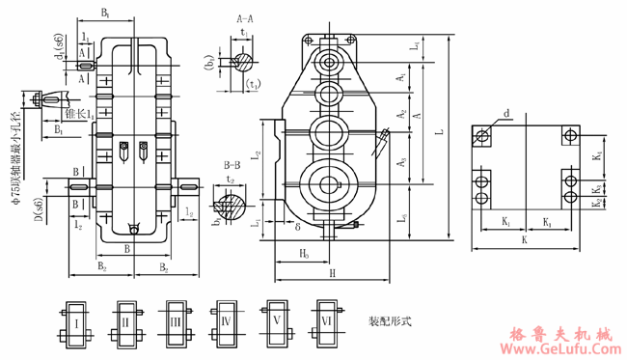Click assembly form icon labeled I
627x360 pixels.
tap(76, 320)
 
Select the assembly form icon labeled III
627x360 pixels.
tap(175, 320)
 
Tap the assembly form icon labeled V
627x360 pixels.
tap(277, 320)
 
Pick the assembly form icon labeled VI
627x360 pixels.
tap(325, 320)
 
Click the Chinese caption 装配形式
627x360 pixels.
tap(390, 321)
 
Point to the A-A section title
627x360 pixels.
tap(245, 18)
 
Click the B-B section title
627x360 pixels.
tap(232, 164)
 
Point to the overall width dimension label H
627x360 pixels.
tap(332, 274)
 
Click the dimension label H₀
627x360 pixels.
tap(303, 254)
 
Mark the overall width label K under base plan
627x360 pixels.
tap(525, 237)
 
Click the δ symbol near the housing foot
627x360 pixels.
tap(299, 228)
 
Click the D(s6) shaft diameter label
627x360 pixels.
tap(37, 208)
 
